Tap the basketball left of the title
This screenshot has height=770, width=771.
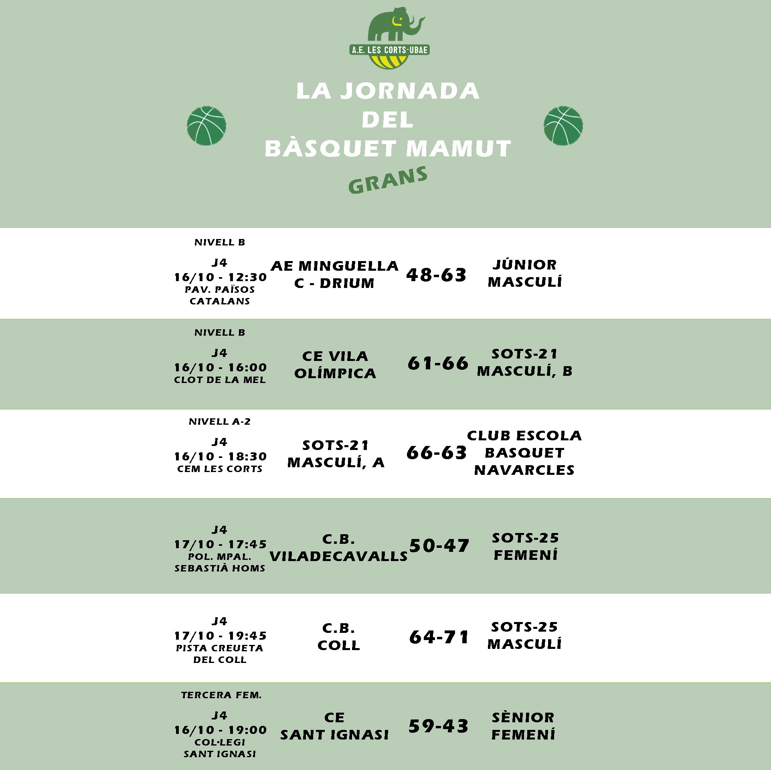(x=206, y=126)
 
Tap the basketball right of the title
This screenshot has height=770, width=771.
(x=563, y=126)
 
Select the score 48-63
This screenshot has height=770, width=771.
(x=436, y=275)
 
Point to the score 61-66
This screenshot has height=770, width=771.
(x=438, y=363)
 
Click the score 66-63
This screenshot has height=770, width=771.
(x=436, y=453)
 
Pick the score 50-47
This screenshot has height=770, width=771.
(x=439, y=546)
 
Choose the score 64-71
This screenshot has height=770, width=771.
(x=439, y=637)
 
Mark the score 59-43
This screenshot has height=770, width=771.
(x=438, y=726)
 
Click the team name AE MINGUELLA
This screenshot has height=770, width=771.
(x=334, y=266)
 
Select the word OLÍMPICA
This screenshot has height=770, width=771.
(x=335, y=374)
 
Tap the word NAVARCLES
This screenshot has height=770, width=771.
(x=524, y=470)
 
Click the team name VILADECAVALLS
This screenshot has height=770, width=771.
(x=338, y=557)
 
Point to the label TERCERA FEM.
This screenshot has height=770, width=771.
(x=221, y=695)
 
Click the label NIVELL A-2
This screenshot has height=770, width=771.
(x=219, y=421)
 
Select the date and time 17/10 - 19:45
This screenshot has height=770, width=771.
(x=220, y=636)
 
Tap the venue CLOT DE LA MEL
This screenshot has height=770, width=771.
(x=220, y=380)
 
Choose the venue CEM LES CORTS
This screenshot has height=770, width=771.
(x=220, y=469)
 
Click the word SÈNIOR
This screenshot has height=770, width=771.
(x=523, y=717)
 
